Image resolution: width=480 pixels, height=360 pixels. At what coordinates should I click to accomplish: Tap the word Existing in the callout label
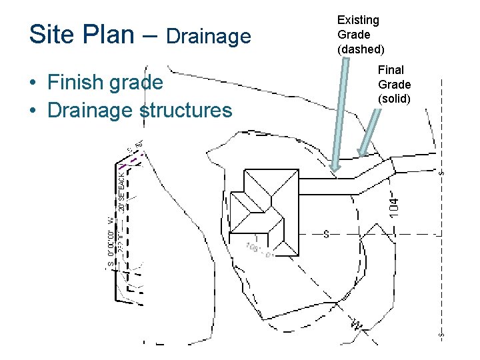point(358,21)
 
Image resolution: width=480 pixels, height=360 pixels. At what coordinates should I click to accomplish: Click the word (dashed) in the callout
point(361,49)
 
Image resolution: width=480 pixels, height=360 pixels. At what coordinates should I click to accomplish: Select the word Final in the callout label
point(391,70)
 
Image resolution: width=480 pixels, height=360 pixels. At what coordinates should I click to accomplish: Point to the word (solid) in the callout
point(394,99)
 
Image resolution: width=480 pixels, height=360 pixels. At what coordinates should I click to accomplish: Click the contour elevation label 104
point(394,203)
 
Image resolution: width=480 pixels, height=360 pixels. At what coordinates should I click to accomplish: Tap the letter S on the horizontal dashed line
point(326,234)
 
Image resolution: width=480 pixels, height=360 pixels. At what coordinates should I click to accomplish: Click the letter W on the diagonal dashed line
point(357,325)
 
